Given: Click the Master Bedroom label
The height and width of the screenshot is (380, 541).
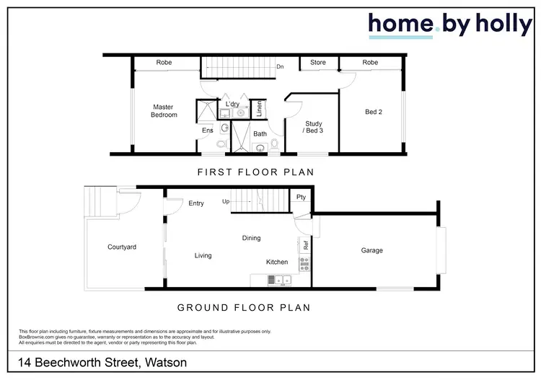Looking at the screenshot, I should tap(164, 111).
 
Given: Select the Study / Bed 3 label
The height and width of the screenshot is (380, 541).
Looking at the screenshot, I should tap(313, 128).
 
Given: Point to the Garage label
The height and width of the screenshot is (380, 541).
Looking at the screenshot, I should tap(372, 251).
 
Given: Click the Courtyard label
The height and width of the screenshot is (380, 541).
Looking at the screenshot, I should tap(122, 247).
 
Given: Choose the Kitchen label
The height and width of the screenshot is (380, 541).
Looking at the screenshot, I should tap(277, 262).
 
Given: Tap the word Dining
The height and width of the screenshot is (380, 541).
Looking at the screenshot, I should tap(251, 238).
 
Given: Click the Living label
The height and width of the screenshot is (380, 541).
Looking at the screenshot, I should tap(203, 255).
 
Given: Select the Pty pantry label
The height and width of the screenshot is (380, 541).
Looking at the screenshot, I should tap(301, 197).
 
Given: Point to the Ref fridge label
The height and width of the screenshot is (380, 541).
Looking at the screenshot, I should tap(306, 245).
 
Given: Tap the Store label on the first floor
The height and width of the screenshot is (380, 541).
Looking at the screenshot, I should tap(318, 63).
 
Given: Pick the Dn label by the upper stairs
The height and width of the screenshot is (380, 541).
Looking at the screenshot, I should tap(280, 68).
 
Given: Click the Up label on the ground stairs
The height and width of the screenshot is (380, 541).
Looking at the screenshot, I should tap(226, 201).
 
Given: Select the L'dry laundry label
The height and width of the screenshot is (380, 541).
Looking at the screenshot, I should tap(232, 105).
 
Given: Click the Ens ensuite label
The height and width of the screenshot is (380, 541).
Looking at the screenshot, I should tap(207, 131).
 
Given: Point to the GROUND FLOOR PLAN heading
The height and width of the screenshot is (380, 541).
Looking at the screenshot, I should tap(244, 307).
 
